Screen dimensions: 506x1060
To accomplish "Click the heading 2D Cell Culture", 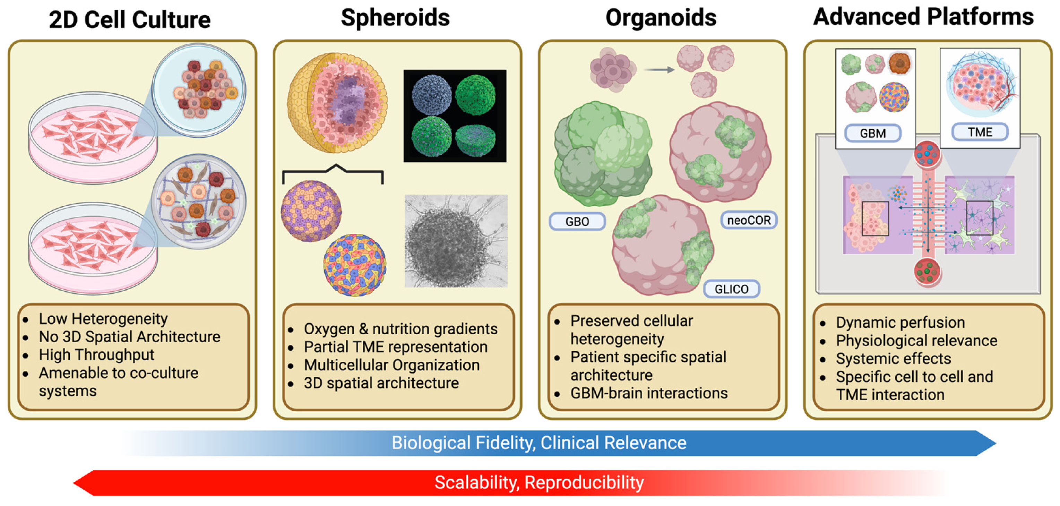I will point(130,20).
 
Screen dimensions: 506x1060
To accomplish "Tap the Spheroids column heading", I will point(395,18).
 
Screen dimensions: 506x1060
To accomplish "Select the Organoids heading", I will point(661,18).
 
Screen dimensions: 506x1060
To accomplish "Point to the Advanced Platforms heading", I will point(923,17).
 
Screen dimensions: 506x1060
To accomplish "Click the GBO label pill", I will point(577,222).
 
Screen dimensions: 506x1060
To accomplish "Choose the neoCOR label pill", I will point(749,220).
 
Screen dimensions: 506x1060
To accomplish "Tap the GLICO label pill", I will point(731,289).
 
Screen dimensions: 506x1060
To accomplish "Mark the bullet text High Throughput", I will point(96,355).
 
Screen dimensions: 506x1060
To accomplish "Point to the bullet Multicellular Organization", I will point(391,365).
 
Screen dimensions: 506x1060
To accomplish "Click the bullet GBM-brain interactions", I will point(648,393).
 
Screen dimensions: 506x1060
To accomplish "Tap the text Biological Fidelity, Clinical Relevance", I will point(538,443).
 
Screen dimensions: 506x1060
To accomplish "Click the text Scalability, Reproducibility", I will point(538,482).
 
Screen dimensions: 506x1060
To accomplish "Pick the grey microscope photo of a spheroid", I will point(456,241).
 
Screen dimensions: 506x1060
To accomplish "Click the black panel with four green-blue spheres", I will point(455,116).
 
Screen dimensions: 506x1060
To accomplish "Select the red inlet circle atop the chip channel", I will point(927,154).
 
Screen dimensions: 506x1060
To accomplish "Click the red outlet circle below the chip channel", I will point(927,271).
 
